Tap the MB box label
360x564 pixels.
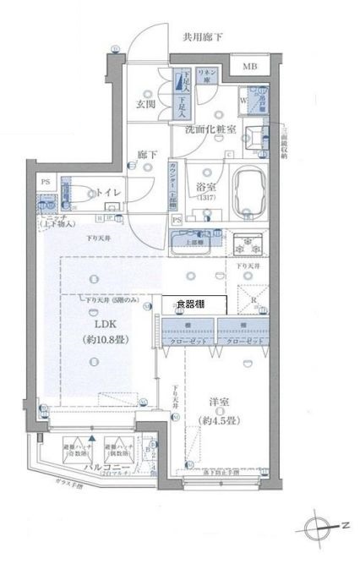click(x=252, y=67)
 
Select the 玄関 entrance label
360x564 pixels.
click(x=145, y=104)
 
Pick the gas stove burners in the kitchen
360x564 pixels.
click(x=248, y=248)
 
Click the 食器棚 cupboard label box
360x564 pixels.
click(x=194, y=302)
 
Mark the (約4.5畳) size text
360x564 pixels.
click(x=220, y=420)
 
